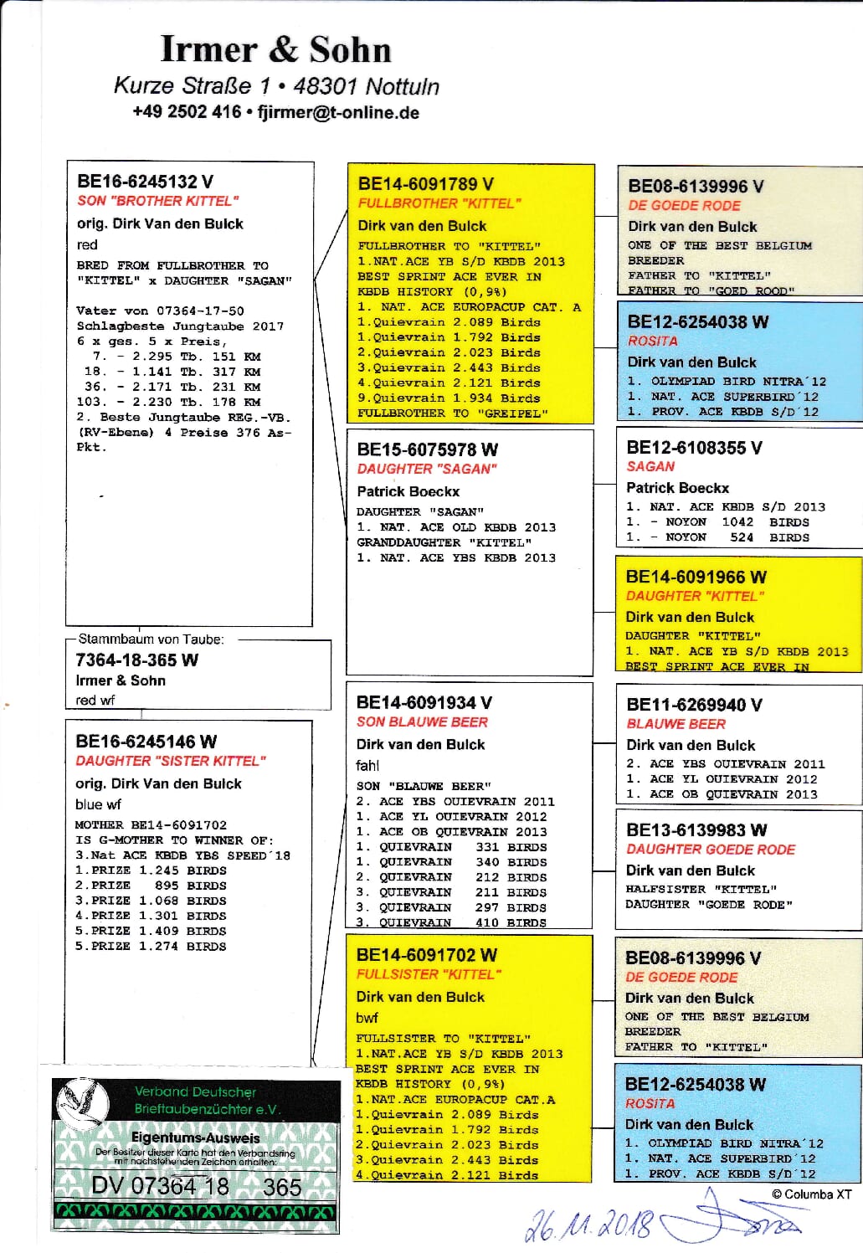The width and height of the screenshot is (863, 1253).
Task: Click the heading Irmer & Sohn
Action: pyautogui.click(x=275, y=49)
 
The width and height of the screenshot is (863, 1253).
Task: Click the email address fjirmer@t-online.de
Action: pyautogui.click(x=338, y=113)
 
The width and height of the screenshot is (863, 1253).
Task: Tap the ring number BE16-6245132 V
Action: pyautogui.click(x=145, y=182)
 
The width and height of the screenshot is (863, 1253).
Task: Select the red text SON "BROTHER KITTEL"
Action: pyautogui.click(x=157, y=201)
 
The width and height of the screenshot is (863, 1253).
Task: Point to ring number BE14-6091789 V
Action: pyautogui.click(x=425, y=184)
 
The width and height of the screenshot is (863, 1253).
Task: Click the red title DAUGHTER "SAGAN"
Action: pyautogui.click(x=426, y=470)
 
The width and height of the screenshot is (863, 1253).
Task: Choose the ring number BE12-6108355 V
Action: pyautogui.click(x=694, y=448)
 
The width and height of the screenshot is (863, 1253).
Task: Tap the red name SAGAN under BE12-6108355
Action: pyautogui.click(x=650, y=467)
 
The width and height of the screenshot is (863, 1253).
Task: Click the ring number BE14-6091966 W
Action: pyautogui.click(x=696, y=577)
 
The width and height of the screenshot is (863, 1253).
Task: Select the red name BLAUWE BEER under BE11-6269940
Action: pyautogui.click(x=676, y=724)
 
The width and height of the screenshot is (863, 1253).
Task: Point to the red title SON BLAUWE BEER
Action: pyautogui.click(x=422, y=722)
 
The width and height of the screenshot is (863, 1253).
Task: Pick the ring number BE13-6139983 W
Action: pyautogui.click(x=696, y=829)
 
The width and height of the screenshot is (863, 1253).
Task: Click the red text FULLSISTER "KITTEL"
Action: pyautogui.click(x=429, y=974)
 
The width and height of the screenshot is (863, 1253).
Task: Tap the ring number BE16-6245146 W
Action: pyautogui.click(x=146, y=742)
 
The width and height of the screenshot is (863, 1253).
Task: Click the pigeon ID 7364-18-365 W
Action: pyautogui.click(x=136, y=660)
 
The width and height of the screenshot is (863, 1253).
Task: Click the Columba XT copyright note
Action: pyautogui.click(x=811, y=1194)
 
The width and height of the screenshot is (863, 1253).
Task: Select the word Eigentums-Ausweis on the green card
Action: pyautogui.click(x=195, y=1138)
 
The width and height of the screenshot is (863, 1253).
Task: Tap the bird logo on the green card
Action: pyautogui.click(x=83, y=1100)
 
